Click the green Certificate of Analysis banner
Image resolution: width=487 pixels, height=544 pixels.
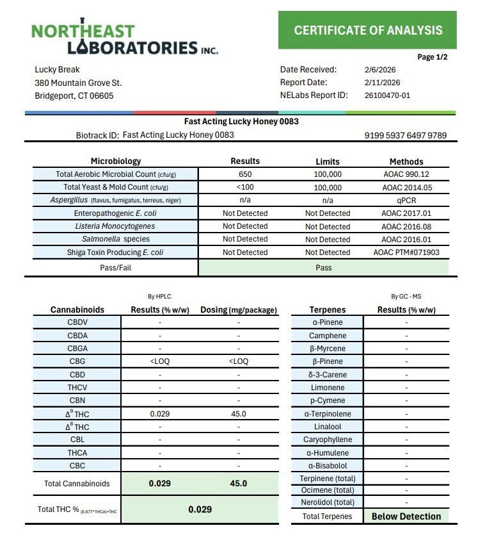click(367, 30)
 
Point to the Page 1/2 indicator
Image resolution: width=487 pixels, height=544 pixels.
click(433, 57)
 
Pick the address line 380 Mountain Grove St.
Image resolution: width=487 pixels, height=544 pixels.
click(78, 83)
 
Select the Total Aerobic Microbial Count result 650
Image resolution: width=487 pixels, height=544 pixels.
click(245, 174)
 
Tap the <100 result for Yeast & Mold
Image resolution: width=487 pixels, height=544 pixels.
click(245, 188)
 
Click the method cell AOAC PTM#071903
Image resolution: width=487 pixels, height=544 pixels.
click(406, 252)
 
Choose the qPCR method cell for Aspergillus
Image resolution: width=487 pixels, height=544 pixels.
click(406, 200)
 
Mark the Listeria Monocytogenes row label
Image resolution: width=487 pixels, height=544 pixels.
click(115, 226)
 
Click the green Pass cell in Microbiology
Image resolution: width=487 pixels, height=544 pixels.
click(324, 267)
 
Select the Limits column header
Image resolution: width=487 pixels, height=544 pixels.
click(328, 161)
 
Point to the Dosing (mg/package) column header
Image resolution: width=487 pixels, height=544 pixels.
click(239, 310)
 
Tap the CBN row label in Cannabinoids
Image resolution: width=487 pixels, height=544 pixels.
click(77, 400)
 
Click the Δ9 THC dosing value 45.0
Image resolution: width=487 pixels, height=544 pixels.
click(238, 414)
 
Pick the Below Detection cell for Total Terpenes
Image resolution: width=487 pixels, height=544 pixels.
click(406, 516)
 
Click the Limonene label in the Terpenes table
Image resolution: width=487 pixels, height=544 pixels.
click(327, 388)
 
